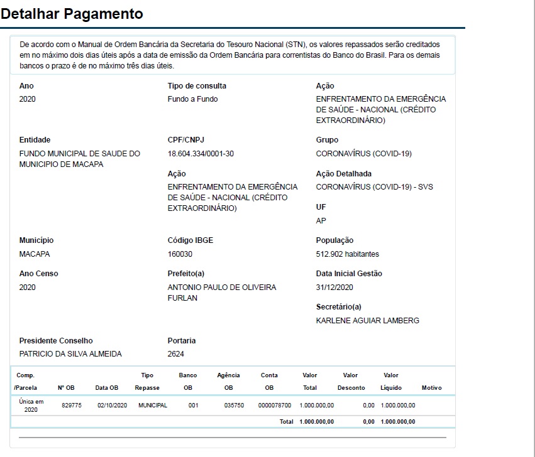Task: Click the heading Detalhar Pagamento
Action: point(72,13)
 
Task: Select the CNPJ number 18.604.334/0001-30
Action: point(201,154)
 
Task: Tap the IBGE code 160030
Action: point(180,254)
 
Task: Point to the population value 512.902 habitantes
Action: point(347,254)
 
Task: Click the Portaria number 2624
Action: point(176,354)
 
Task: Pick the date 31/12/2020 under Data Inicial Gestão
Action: point(334,288)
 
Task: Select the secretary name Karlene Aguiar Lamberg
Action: point(367,321)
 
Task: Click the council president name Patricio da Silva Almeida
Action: point(70,354)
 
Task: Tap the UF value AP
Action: point(321,221)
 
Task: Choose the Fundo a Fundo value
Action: point(193,99)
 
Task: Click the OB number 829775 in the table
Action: point(72,406)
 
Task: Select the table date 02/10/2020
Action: point(112,406)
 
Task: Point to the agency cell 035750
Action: point(229,406)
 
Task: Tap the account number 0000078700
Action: point(274,406)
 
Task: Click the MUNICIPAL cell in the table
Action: point(153,406)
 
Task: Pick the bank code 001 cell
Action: point(193,406)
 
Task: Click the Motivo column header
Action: point(432,388)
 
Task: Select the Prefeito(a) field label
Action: point(185,274)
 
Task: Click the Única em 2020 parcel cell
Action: point(31,406)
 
